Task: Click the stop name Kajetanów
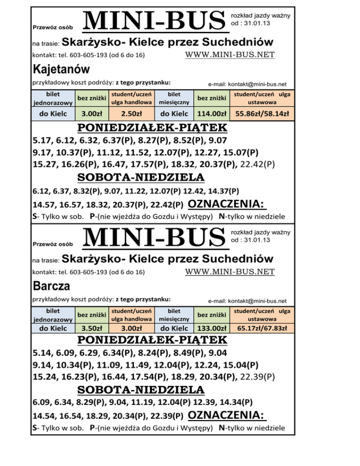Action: pyautogui.click(x=61, y=69)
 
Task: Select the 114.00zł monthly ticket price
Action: pyautogui.click(x=211, y=113)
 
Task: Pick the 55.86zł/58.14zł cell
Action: pyautogui.click(x=262, y=113)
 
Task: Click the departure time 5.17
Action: pyautogui.click(x=43, y=140)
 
